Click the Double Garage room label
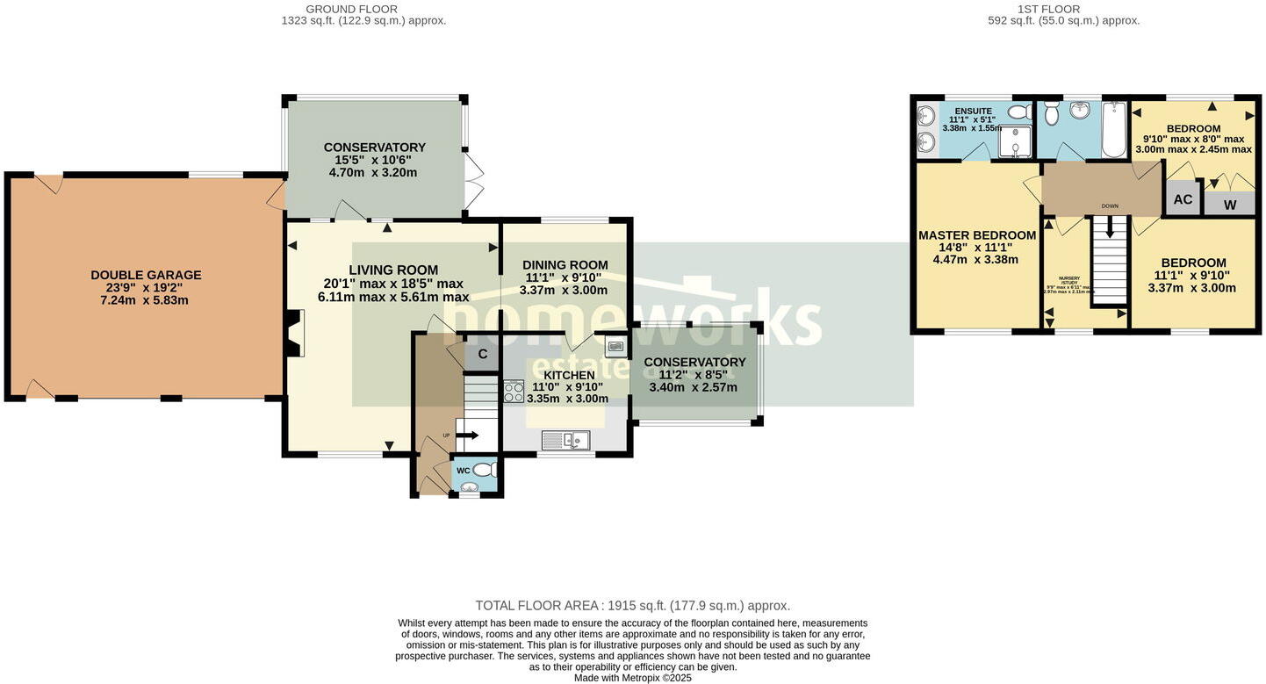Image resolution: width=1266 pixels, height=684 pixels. tap(146, 275)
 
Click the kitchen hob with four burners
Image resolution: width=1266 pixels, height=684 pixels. tap(514, 391)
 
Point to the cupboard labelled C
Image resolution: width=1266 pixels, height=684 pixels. tap(482, 355)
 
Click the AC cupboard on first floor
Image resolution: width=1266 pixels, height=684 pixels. tap(1183, 199)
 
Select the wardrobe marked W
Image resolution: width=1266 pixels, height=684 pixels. tap(1229, 205)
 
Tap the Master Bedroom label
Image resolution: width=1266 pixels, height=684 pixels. tap(976, 235)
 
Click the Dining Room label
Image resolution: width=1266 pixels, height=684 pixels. tap(565, 265)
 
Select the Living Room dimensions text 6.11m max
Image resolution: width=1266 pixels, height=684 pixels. tap(392, 297)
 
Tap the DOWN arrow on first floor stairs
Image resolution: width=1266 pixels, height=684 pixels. tap(1110, 227)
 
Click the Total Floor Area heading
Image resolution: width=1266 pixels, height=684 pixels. tap(632, 606)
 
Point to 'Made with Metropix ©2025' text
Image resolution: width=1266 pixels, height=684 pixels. tap(632, 678)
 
